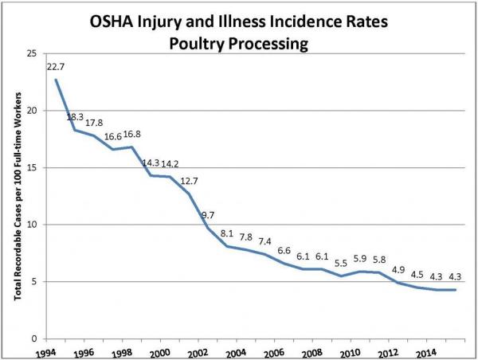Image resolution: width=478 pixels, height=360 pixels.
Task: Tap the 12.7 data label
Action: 188,182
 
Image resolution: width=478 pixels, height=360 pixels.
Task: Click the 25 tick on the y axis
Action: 33,53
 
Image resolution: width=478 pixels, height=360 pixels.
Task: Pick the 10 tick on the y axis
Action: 33,225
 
